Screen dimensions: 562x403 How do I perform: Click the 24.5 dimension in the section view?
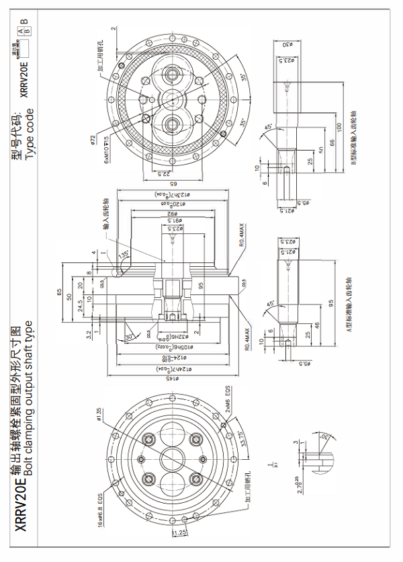tap(80, 306)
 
